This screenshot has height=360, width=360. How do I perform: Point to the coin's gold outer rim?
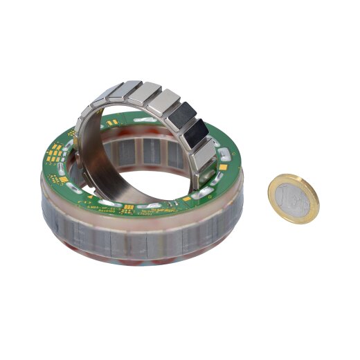(x=309, y=212)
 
